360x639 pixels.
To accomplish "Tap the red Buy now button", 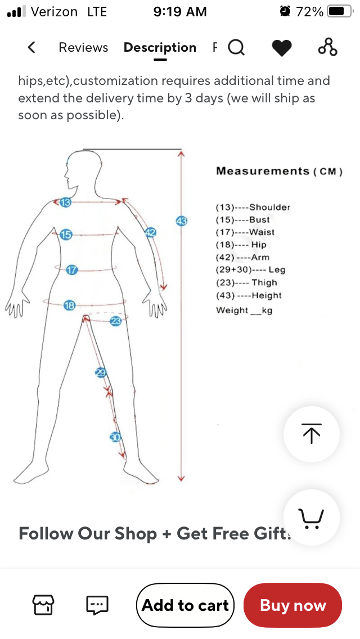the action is click(x=292, y=605).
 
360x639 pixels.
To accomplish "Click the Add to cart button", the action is click(x=185, y=605).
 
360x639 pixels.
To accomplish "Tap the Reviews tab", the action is click(x=83, y=48).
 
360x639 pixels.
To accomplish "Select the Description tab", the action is click(x=160, y=48).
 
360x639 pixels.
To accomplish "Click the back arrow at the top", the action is click(x=31, y=48).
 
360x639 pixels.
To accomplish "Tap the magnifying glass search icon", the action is click(x=236, y=48).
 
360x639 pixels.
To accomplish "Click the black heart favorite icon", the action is click(x=282, y=48).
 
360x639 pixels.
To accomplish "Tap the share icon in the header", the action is click(x=328, y=47).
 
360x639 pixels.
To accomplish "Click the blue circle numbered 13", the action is click(x=65, y=202).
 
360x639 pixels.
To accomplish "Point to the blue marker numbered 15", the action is click(x=66, y=235).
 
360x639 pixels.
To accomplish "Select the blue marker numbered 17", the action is click(x=71, y=270).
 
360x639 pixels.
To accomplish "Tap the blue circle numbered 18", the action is click(x=69, y=305).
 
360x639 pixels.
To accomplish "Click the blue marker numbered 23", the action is click(x=116, y=321).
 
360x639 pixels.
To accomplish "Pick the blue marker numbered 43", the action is click(x=181, y=221).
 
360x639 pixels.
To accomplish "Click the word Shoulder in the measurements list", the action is click(x=269, y=207).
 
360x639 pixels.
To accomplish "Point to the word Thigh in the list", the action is click(x=264, y=282).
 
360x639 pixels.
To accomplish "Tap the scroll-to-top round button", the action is click(x=312, y=434).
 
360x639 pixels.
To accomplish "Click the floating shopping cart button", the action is click(x=312, y=517).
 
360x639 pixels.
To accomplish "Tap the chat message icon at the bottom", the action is click(x=97, y=605).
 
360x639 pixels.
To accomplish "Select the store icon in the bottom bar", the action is click(x=43, y=605).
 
